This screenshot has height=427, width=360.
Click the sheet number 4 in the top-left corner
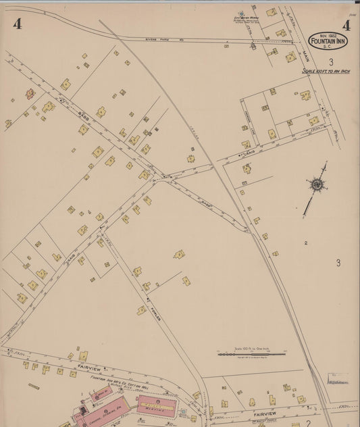coord(18,24)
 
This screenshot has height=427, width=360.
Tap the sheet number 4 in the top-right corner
coord(346,26)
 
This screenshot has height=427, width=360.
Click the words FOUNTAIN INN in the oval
coord(329,42)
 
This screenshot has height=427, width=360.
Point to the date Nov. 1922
coord(329,35)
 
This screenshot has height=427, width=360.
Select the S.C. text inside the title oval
coord(329,49)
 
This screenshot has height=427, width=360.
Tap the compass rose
coord(315,184)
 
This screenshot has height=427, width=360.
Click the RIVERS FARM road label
coord(155,40)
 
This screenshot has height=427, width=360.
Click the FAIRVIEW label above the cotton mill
coord(88,369)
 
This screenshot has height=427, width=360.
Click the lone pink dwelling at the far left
coord(30,94)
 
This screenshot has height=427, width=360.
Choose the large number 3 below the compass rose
coord(338,263)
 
